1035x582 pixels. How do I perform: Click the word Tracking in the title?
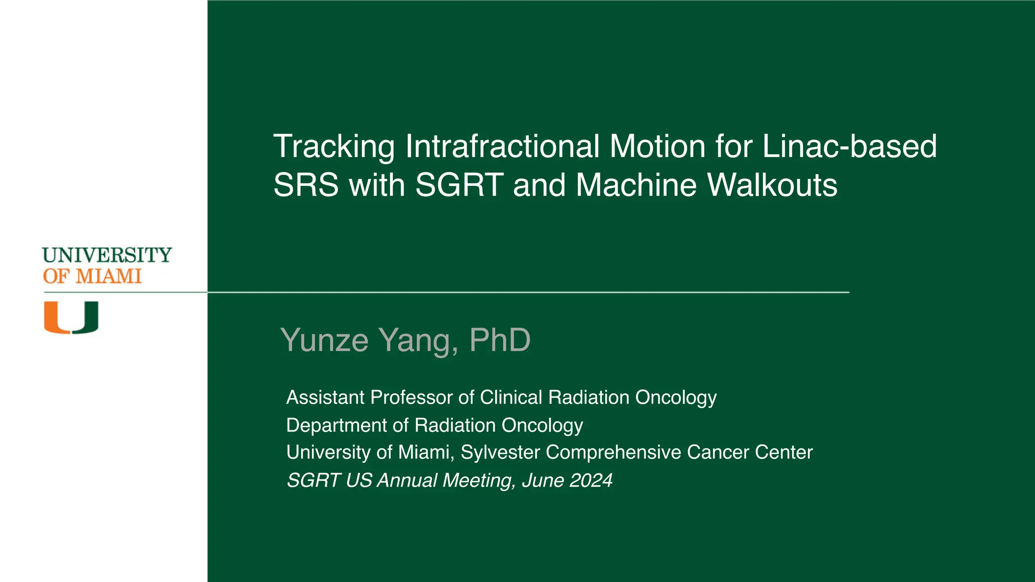(334, 147)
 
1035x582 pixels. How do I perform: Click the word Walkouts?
(772, 185)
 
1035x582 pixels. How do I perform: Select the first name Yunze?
(325, 340)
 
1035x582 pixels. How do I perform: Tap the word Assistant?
(325, 398)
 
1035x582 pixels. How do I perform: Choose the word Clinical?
(510, 398)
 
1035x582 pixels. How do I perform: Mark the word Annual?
(407, 480)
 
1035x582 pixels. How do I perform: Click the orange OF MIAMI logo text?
(92, 277)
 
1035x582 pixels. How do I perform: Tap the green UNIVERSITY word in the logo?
(107, 255)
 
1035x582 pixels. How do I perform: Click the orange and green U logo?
(71, 317)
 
